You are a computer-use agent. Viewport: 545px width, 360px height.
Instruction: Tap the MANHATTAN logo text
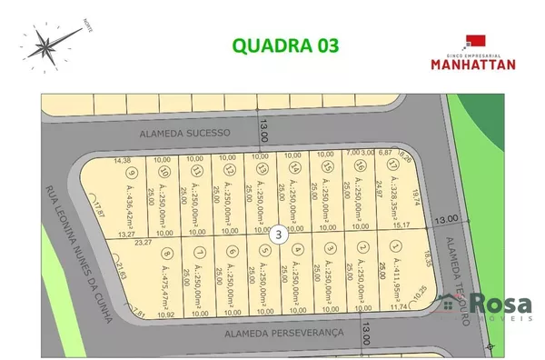pyautogui.click(x=472, y=64)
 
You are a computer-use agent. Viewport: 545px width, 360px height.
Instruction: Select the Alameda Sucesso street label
pyautogui.click(x=185, y=132)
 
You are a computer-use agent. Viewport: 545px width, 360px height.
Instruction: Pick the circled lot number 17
pyautogui.click(x=392, y=166)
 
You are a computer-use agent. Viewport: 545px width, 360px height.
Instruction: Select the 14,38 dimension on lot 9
pyautogui.click(x=122, y=160)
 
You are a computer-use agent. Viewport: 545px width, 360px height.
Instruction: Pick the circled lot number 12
pyautogui.click(x=229, y=170)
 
